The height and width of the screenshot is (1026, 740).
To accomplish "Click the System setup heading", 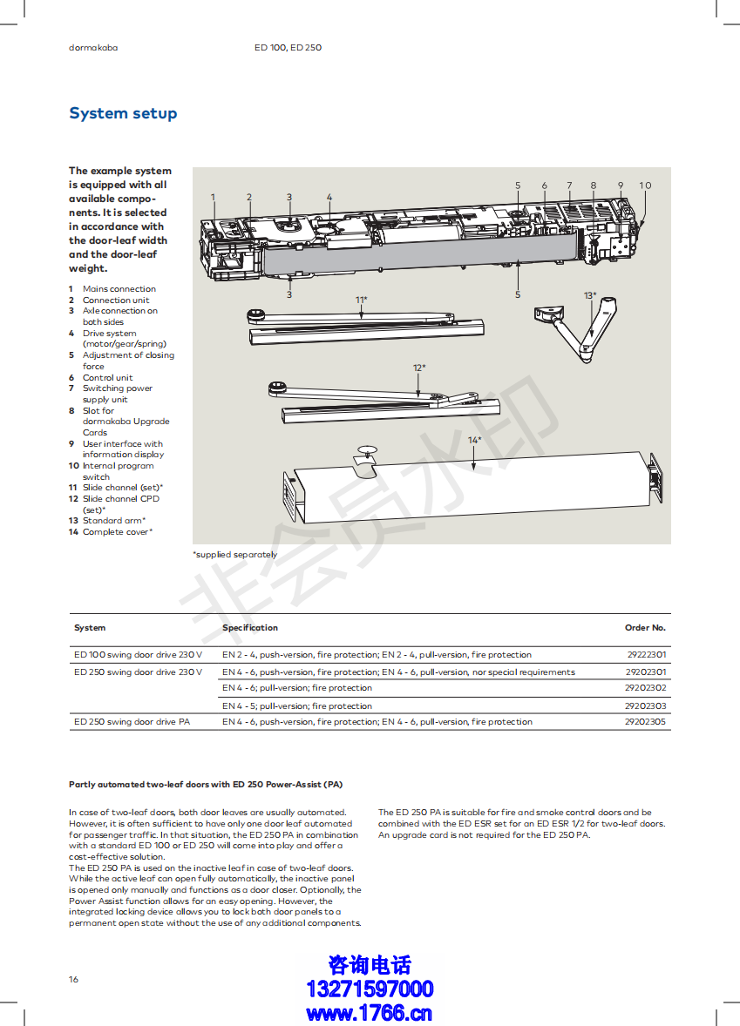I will click(123, 113).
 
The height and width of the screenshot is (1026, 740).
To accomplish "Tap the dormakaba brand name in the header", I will click(93, 48).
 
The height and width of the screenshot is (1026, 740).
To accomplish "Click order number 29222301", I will click(646, 655).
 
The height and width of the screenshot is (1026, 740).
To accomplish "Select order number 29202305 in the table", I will click(646, 722).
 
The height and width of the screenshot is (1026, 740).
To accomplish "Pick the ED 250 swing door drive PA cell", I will click(132, 722).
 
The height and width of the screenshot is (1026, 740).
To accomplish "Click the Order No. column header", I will click(645, 628).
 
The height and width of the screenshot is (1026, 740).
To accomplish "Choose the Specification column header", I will click(250, 628).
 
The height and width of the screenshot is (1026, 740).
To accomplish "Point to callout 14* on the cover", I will click(474, 441).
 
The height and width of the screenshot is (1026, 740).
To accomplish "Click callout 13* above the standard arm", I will click(590, 296).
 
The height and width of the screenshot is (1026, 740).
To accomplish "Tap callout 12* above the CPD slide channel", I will click(418, 368).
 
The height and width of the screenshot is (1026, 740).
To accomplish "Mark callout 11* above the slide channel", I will click(361, 300).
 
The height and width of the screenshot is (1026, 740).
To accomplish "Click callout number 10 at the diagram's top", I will click(645, 186).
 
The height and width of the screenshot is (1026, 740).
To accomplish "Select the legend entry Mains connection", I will click(119, 289).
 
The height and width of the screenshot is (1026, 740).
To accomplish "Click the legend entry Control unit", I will click(107, 378).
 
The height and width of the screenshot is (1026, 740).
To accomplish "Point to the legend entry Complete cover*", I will click(118, 532).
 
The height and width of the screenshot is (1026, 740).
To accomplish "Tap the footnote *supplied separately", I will click(234, 555).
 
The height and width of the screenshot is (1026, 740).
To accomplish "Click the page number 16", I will click(73, 980).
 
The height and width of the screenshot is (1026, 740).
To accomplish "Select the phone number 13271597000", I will click(370, 989).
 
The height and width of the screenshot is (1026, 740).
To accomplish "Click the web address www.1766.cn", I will click(370, 1013).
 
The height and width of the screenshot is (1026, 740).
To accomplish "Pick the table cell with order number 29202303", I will click(646, 706).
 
